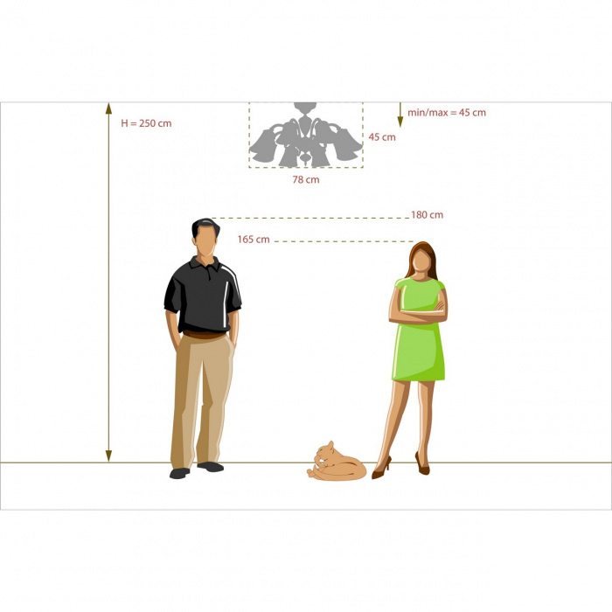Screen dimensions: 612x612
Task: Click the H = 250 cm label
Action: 146,123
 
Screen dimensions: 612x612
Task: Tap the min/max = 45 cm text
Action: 447,113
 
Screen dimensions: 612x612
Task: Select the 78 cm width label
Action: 306,180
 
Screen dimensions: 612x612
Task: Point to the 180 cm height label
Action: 427,215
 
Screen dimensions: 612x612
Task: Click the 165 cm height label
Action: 254,240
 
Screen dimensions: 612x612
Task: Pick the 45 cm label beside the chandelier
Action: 382,137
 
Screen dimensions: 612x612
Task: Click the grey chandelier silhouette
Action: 306,135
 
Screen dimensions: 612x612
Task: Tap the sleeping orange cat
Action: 337,462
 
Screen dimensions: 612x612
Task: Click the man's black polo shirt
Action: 203,296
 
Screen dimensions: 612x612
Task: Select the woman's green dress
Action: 419,336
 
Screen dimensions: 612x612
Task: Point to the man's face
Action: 206,241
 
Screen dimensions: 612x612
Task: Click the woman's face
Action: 421,261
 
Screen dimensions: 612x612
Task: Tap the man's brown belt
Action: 204,335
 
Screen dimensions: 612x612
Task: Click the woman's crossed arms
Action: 419,312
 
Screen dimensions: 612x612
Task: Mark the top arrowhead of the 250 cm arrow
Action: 109,108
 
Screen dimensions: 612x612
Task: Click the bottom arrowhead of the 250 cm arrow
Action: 109,456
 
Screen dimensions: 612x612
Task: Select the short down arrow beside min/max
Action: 400,115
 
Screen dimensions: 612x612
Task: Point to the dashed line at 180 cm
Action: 310,219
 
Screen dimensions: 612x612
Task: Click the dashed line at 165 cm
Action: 344,241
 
